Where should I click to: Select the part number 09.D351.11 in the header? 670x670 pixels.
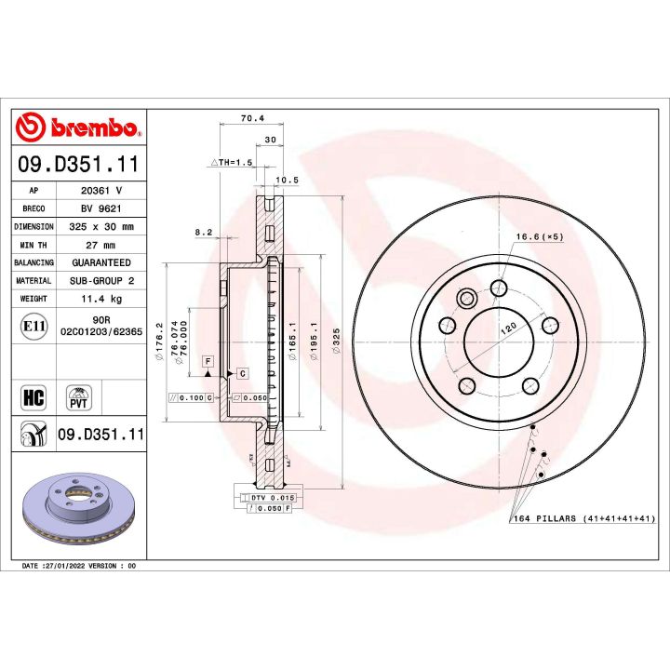[x=78, y=166]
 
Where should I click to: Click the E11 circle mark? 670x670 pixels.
[x=32, y=327]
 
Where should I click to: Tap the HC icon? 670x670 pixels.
[x=33, y=397]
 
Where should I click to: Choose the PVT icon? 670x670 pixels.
[x=79, y=397]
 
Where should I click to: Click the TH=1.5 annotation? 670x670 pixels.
[x=233, y=162]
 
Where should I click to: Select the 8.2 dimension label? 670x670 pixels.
[x=204, y=231]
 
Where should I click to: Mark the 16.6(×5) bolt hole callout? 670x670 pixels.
[x=541, y=236]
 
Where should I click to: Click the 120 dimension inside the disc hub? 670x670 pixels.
[x=509, y=329]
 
